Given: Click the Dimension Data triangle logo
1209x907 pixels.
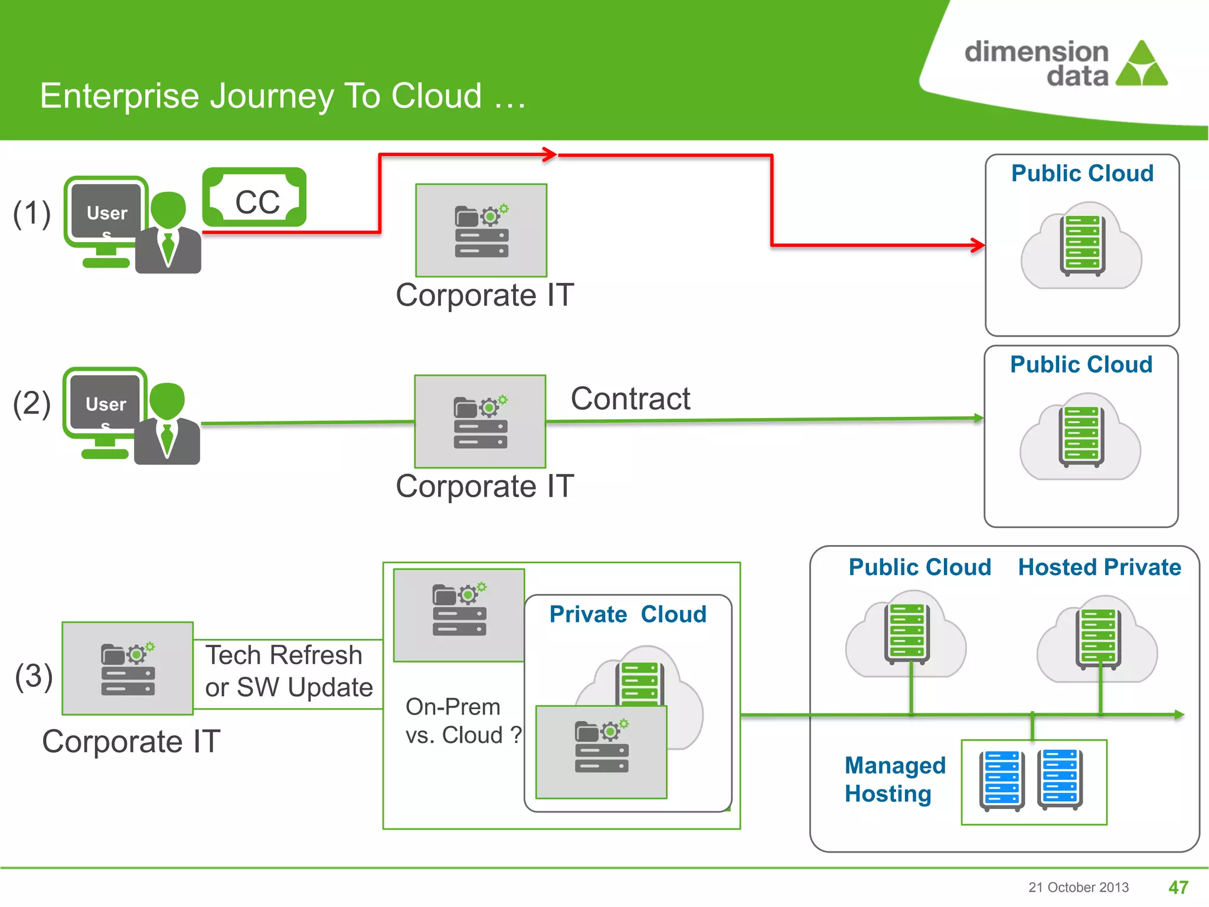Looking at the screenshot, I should [1142, 65].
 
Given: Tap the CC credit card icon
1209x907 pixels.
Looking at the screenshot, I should [254, 197].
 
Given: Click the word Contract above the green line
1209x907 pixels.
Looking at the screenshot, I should [630, 399].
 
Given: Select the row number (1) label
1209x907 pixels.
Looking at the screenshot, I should [32, 213].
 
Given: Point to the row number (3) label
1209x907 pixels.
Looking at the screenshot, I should [34, 676].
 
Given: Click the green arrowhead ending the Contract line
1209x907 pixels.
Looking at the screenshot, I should [978, 418].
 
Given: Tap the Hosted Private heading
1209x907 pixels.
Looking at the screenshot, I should [1099, 567].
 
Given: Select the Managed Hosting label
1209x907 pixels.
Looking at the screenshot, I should [894, 779].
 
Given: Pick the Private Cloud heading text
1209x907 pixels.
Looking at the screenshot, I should [628, 614].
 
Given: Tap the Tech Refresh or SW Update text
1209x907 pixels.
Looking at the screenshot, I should [289, 671].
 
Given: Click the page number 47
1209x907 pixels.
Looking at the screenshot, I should [1178, 887].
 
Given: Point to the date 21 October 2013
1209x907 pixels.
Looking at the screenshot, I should [1078, 887].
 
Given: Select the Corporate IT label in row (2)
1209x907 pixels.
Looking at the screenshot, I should [484, 487].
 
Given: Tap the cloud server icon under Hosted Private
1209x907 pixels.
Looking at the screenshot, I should [1097, 640].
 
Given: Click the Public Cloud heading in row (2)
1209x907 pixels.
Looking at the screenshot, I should [1081, 364].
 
